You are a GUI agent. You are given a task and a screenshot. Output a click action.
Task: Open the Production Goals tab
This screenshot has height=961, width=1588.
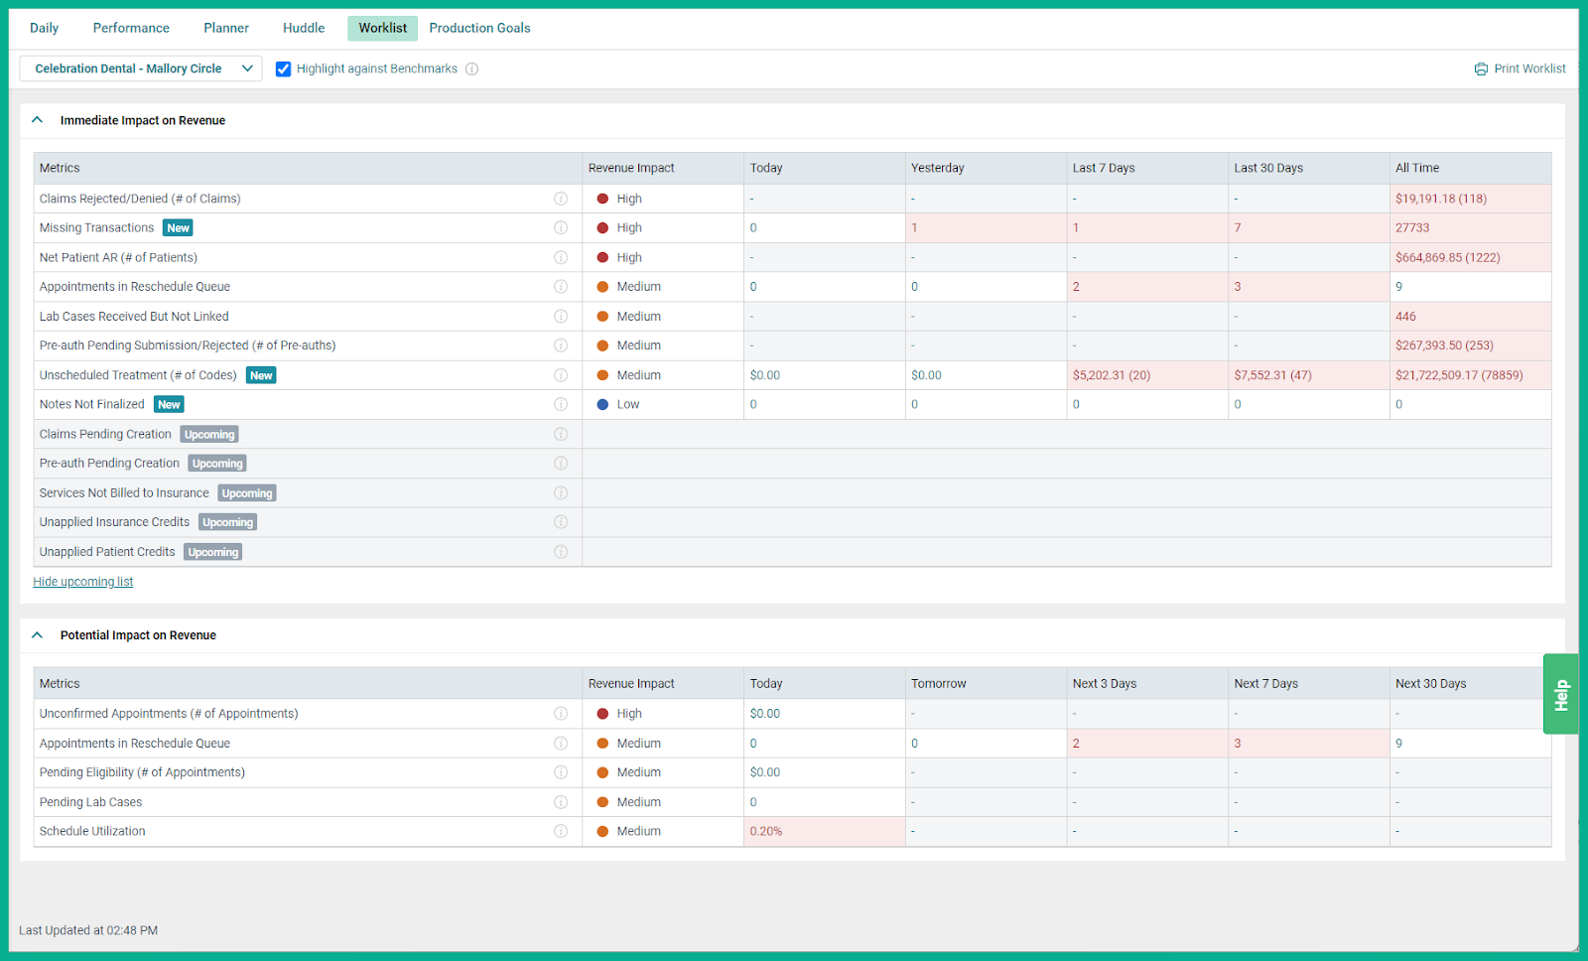(479, 28)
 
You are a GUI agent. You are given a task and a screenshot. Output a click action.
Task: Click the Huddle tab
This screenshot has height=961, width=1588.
(304, 28)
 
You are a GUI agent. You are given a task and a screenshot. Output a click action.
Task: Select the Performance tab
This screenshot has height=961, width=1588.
(131, 28)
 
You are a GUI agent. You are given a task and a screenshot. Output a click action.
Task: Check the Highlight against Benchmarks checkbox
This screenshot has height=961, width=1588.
(284, 69)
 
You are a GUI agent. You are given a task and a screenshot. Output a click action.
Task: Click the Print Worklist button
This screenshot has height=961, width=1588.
(1520, 69)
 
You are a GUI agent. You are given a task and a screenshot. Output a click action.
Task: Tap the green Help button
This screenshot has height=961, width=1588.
(1560, 694)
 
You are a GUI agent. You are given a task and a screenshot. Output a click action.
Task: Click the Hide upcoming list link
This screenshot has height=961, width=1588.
(83, 582)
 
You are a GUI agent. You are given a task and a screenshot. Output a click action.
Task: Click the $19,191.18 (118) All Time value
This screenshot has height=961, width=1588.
(1440, 199)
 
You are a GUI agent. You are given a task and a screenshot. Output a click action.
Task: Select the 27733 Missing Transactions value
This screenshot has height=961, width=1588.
(1412, 227)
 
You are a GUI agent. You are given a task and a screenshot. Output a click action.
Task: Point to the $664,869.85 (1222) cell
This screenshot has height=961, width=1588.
(1447, 257)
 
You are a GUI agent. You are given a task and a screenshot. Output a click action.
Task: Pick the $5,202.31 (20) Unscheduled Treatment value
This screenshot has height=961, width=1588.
(1111, 375)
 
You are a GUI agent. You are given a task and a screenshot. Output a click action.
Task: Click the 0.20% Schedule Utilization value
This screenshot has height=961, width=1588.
(766, 831)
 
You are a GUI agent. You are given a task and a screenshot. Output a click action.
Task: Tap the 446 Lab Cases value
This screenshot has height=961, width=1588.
(1405, 317)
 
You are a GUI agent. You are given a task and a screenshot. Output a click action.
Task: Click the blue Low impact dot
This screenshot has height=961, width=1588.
(602, 404)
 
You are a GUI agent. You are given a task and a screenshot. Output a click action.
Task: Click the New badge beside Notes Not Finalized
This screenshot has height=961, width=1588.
(170, 404)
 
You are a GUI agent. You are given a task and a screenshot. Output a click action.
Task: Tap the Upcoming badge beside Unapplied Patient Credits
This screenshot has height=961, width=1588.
(212, 552)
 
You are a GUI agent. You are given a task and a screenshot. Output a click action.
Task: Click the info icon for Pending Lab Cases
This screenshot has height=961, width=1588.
(561, 802)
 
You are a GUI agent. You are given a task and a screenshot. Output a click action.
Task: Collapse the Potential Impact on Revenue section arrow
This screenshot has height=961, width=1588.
(38, 635)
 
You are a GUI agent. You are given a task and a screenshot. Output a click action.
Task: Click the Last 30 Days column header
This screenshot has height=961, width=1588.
(1267, 168)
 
